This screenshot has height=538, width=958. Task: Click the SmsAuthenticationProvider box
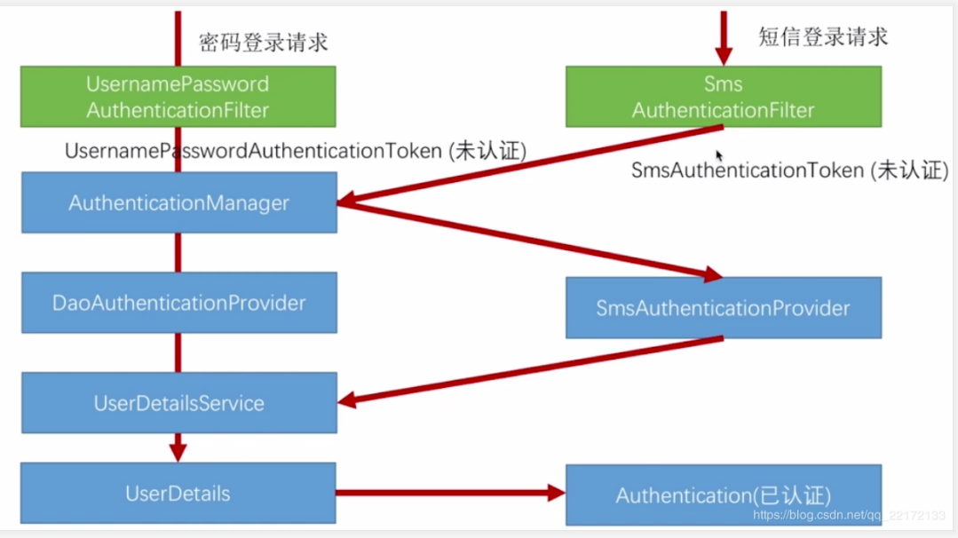[723, 308]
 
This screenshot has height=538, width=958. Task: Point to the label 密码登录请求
[264, 42]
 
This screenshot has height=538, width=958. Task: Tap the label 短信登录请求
[823, 36]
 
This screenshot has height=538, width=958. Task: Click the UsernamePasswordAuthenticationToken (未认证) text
[296, 152]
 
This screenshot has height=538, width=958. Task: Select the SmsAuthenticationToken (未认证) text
[789, 170]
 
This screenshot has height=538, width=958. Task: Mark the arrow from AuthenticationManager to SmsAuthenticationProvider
[533, 241]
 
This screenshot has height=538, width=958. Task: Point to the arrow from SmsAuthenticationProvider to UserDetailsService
[533, 370]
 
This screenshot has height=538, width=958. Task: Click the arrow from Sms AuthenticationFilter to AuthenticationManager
[533, 165]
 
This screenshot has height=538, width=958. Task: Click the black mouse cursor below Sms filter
[720, 155]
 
